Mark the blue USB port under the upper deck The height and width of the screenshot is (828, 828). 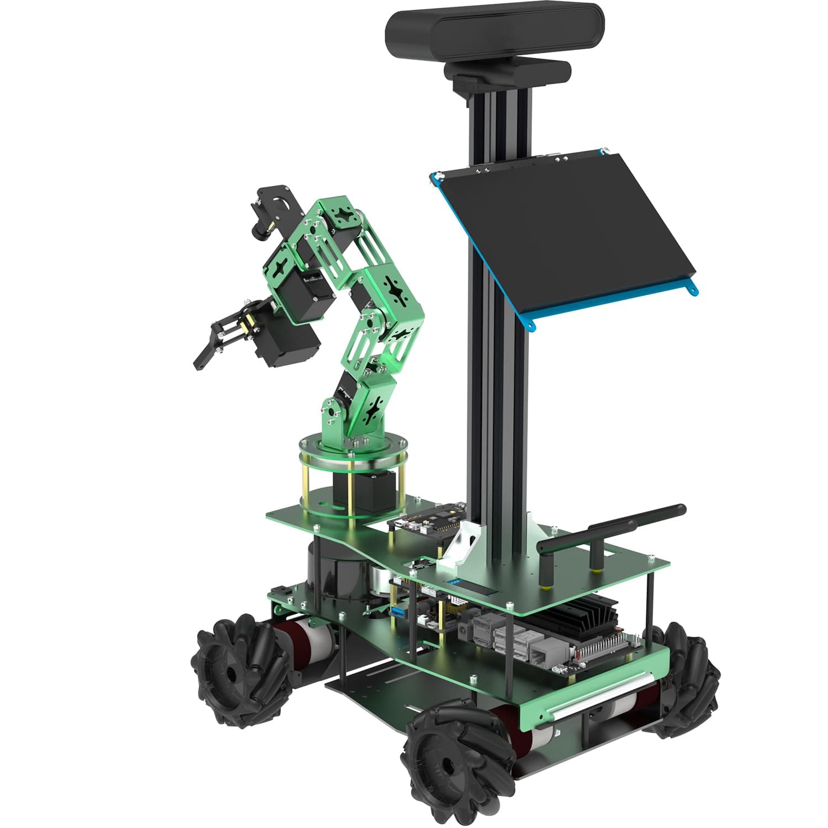pos(397,611)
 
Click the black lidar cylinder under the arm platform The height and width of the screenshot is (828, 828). pos(331,574)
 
